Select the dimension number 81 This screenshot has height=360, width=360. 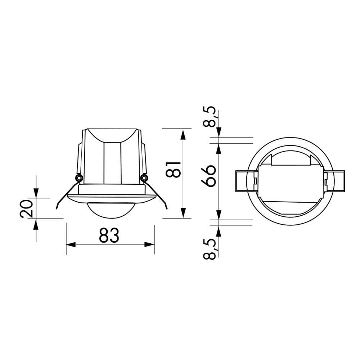(x=173, y=169)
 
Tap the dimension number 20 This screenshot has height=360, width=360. (x=27, y=209)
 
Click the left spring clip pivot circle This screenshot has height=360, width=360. (x=78, y=178)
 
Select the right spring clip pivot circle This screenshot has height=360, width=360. (x=144, y=178)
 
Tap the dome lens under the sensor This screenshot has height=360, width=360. (x=112, y=210)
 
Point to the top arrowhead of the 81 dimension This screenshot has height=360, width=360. (x=183, y=135)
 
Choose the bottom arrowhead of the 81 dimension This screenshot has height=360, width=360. (x=183, y=212)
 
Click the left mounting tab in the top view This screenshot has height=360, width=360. (x=245, y=181)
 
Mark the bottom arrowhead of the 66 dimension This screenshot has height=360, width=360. (x=219, y=215)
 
